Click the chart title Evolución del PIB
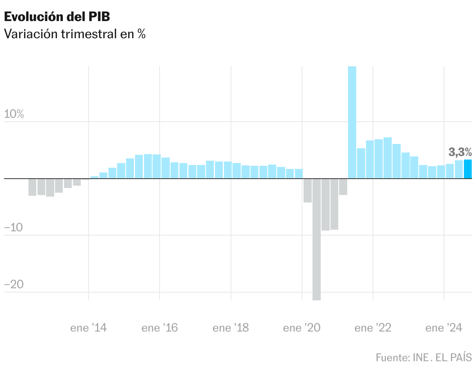click(x=57, y=17)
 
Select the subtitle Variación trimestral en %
click(x=75, y=34)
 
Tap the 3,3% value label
click(x=460, y=152)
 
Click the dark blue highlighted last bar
click(x=468, y=169)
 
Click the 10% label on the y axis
click(x=14, y=114)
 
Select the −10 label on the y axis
click(x=14, y=228)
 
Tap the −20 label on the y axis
click(x=14, y=285)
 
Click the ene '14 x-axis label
click(x=89, y=328)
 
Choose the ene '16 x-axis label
click(x=160, y=328)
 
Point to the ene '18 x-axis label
click(x=231, y=328)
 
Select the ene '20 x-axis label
click(x=302, y=328)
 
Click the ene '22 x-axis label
click(x=373, y=328)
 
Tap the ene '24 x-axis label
click(x=444, y=328)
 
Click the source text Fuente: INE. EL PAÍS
click(x=424, y=357)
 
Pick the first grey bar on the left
click(x=32, y=187)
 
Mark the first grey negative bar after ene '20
click(x=307, y=191)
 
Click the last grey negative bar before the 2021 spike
click(x=343, y=187)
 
